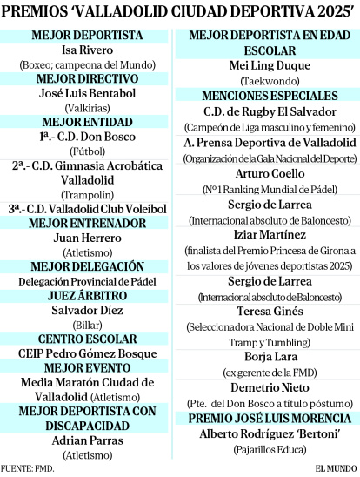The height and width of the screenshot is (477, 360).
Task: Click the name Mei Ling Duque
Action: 269,64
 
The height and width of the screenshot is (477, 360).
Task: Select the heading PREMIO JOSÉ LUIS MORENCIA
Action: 269,419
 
